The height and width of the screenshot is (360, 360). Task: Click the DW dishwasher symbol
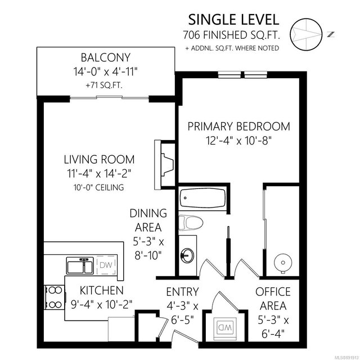[106, 265]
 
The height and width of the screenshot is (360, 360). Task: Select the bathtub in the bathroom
[202, 197]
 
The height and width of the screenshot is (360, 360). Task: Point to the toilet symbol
[191, 223]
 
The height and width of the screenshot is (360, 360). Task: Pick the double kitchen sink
[80, 265]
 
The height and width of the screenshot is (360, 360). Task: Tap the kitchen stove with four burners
[54, 298]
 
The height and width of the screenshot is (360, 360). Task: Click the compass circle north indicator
[306, 34]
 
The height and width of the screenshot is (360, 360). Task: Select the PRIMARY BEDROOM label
[238, 127]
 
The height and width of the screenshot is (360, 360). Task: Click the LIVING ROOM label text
[99, 160]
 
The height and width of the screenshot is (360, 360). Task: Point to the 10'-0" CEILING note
[99, 187]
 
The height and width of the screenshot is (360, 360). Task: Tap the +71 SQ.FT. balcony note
[104, 85]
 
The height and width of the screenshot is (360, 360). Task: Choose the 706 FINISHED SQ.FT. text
[231, 35]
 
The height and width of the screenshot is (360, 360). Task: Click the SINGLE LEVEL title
[234, 20]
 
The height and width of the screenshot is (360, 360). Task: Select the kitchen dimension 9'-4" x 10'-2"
[101, 305]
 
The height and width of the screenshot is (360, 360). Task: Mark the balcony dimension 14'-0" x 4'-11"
[105, 71]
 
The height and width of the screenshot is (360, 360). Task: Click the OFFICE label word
[273, 292]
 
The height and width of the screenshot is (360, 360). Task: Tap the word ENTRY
[182, 292]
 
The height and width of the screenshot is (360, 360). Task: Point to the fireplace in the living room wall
[164, 165]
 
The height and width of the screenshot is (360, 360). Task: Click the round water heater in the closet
[283, 263]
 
